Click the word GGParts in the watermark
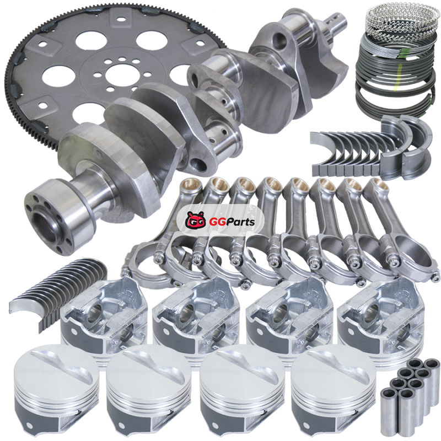tap(232, 222)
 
